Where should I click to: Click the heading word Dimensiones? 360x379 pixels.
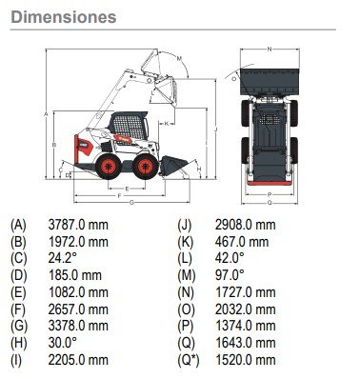(x=64, y=17)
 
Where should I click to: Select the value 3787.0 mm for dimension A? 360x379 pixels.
(x=78, y=225)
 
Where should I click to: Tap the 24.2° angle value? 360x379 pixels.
(x=63, y=258)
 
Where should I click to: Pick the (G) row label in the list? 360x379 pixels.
(x=19, y=326)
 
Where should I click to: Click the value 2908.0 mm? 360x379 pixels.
(x=245, y=225)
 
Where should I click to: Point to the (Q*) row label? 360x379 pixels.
(x=189, y=360)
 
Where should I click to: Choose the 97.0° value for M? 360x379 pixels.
(x=230, y=275)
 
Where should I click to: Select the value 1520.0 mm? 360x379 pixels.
(x=245, y=360)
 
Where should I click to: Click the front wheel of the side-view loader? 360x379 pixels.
(x=146, y=166)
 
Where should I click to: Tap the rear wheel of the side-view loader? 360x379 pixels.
(x=109, y=166)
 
